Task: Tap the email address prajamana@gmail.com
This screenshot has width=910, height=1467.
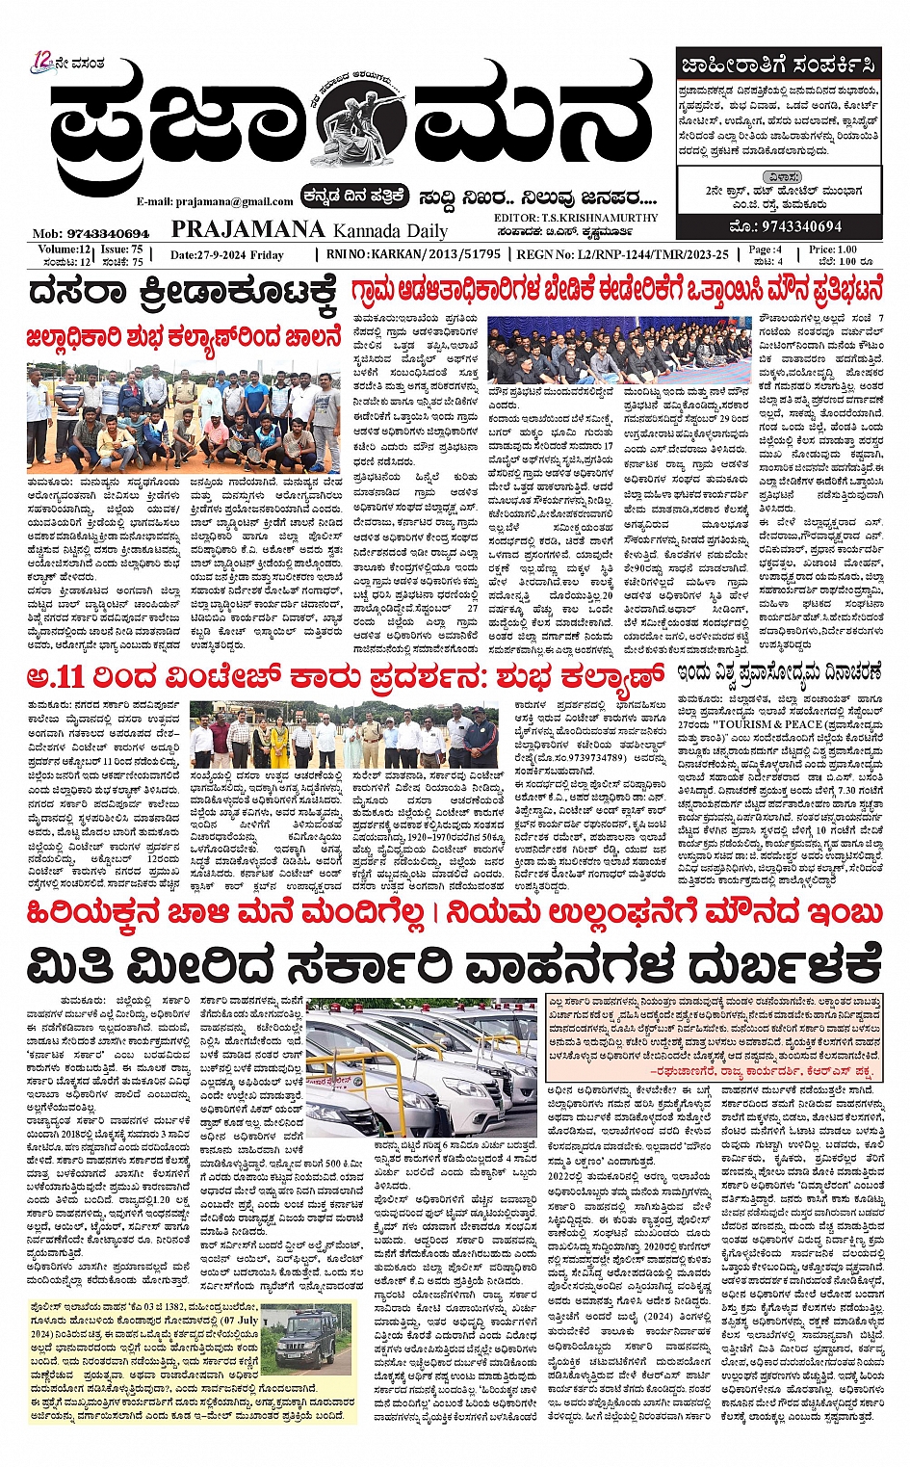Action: click(215, 201)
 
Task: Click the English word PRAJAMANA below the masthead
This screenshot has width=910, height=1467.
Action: click(247, 228)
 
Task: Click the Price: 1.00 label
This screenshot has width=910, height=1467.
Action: click(833, 249)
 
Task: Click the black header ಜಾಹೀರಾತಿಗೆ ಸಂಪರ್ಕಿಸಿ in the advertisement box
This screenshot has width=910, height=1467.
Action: click(778, 65)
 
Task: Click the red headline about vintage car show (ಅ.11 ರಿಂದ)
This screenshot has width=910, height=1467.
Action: click(346, 675)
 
